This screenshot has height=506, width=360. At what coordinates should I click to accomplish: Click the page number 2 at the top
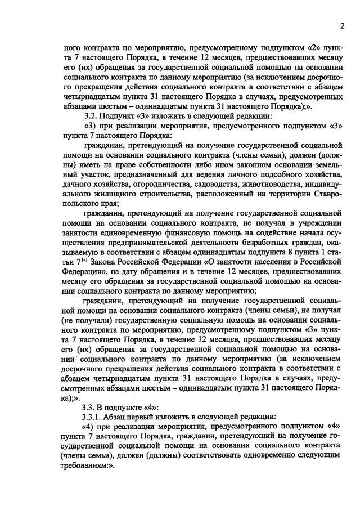(x=341, y=25)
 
